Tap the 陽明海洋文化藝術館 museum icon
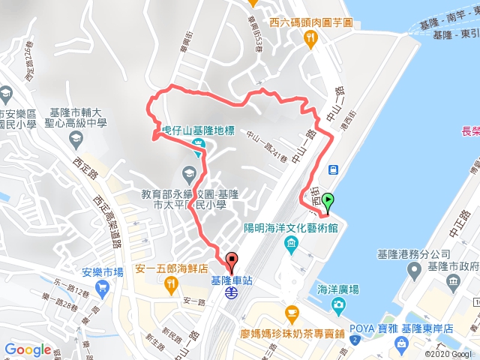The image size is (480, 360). (291, 244)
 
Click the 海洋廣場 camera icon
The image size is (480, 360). (339, 304)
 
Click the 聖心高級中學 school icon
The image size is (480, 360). (76, 139)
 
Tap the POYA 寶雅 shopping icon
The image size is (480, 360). (402, 343)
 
